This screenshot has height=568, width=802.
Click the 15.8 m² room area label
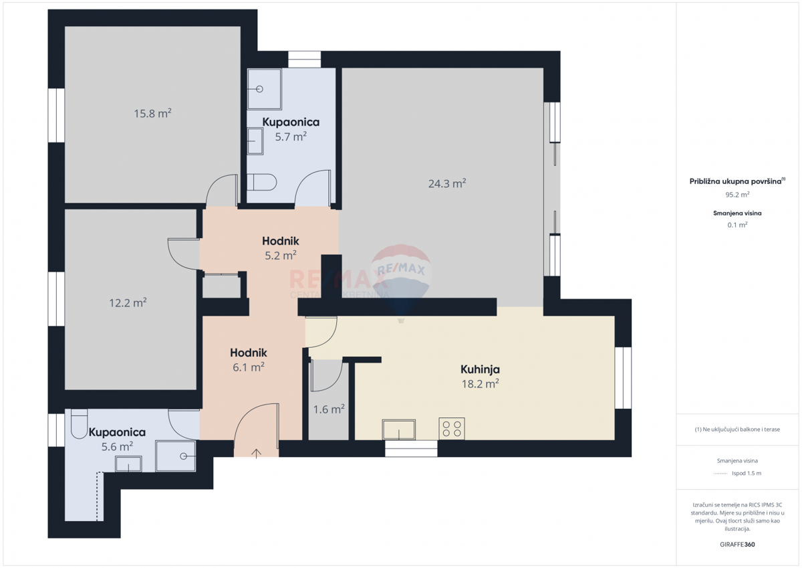[152, 114]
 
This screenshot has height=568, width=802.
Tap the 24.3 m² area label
[446, 183]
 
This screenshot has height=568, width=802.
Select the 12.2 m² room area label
[128, 303]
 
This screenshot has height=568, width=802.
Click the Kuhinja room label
[480, 369]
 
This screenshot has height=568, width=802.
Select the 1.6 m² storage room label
[329, 409]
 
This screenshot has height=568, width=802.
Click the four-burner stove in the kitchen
[452, 428]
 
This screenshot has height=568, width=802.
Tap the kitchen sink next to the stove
[398, 429]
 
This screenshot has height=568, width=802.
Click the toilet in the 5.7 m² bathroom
[261, 182]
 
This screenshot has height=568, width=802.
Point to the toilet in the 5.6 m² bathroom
[78, 423]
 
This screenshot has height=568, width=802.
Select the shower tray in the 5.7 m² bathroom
[264, 89]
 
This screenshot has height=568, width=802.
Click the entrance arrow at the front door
[257, 453]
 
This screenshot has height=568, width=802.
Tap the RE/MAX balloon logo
[401, 274]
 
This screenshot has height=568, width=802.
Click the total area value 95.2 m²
[737, 195]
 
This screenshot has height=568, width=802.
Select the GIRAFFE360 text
[737, 545]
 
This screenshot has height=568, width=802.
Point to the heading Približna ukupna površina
[735, 181]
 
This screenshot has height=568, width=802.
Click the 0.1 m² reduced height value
[737, 225]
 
